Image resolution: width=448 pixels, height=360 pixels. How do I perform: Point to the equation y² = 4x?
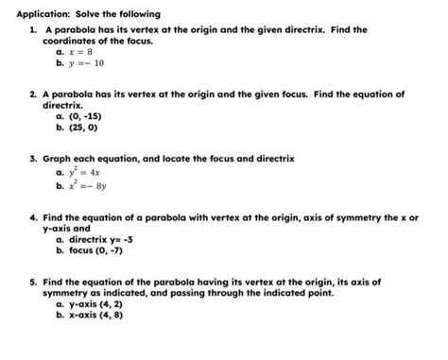click(x=86, y=175)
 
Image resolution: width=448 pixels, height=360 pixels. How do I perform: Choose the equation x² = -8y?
click(x=90, y=188)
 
